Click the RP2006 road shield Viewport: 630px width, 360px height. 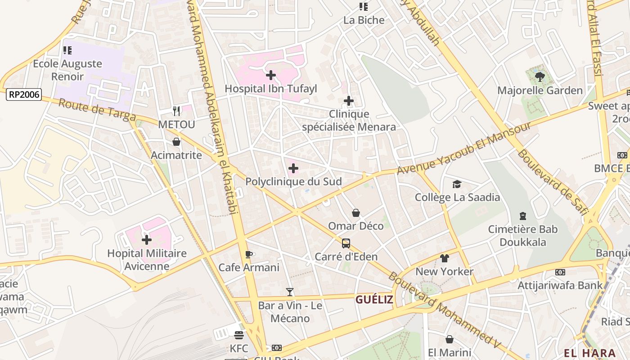(24, 94)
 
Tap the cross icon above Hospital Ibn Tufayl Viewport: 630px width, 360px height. (271, 75)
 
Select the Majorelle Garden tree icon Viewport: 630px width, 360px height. (540, 77)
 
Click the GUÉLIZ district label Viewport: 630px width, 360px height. (374, 300)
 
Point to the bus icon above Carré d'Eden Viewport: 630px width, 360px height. (346, 243)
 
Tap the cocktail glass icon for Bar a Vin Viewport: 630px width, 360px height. (290, 292)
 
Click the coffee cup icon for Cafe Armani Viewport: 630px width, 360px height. (248, 254)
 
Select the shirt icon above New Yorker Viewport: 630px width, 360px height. (444, 258)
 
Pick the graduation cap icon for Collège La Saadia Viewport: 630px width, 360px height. (457, 184)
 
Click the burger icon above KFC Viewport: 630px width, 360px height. (238, 335)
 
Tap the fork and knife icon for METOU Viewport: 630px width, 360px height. (176, 111)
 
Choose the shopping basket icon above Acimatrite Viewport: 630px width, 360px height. (176, 142)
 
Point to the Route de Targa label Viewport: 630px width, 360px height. (97, 110)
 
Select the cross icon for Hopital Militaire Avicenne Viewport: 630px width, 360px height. (147, 240)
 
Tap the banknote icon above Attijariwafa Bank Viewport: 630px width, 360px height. (560, 272)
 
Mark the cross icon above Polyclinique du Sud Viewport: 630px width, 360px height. (293, 168)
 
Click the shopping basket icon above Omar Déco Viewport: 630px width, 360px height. (355, 212)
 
